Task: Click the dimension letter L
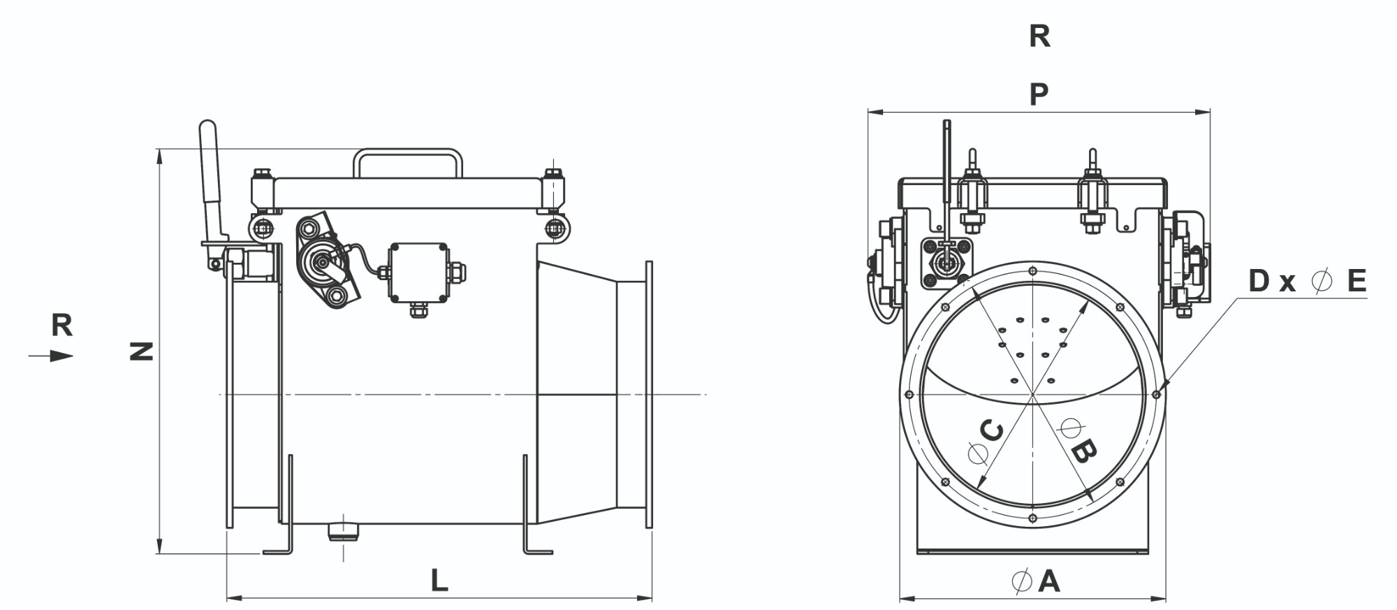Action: pyautogui.click(x=439, y=581)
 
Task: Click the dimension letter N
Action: pyautogui.click(x=142, y=351)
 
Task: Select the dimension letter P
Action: pyautogui.click(x=1039, y=94)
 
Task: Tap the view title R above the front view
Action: pyautogui.click(x=1039, y=36)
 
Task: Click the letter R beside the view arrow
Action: pyautogui.click(x=62, y=325)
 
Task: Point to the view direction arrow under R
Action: pyautogui.click(x=51, y=356)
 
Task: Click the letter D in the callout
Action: pyautogui.click(x=1259, y=281)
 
